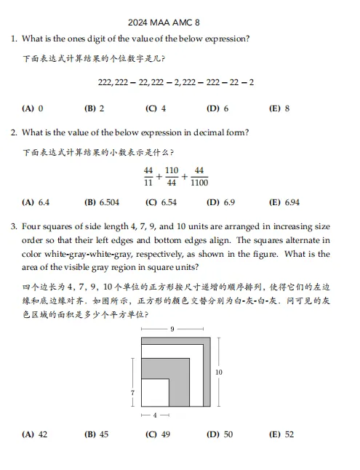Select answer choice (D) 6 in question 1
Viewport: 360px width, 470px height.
[x=217, y=108]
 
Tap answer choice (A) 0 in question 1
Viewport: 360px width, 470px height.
[x=33, y=108]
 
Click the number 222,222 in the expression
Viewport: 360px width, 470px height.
[x=115, y=83]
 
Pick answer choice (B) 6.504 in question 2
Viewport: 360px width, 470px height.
[x=102, y=202]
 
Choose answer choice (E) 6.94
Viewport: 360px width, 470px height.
[x=284, y=202]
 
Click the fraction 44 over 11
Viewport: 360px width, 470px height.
[x=148, y=177]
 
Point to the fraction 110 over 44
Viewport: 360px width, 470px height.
[x=172, y=177]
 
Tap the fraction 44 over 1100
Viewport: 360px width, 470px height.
[x=199, y=177]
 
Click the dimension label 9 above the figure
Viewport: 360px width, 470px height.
[x=172, y=330]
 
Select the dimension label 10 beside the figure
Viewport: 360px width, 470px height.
[x=219, y=372]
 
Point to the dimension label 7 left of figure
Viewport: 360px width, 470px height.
[x=132, y=393]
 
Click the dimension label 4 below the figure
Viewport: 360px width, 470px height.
[x=154, y=415]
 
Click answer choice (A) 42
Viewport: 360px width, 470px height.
[x=35, y=434]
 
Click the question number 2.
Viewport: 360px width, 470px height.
[x=14, y=132]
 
